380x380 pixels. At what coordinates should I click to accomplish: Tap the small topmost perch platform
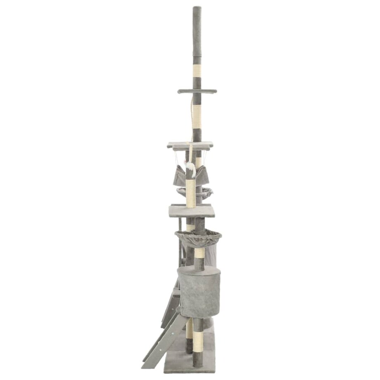(197, 91)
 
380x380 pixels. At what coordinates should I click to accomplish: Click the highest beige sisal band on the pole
(197, 71)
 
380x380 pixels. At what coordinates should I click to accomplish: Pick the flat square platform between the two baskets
(192, 211)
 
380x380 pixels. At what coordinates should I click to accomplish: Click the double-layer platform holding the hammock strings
(190, 145)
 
